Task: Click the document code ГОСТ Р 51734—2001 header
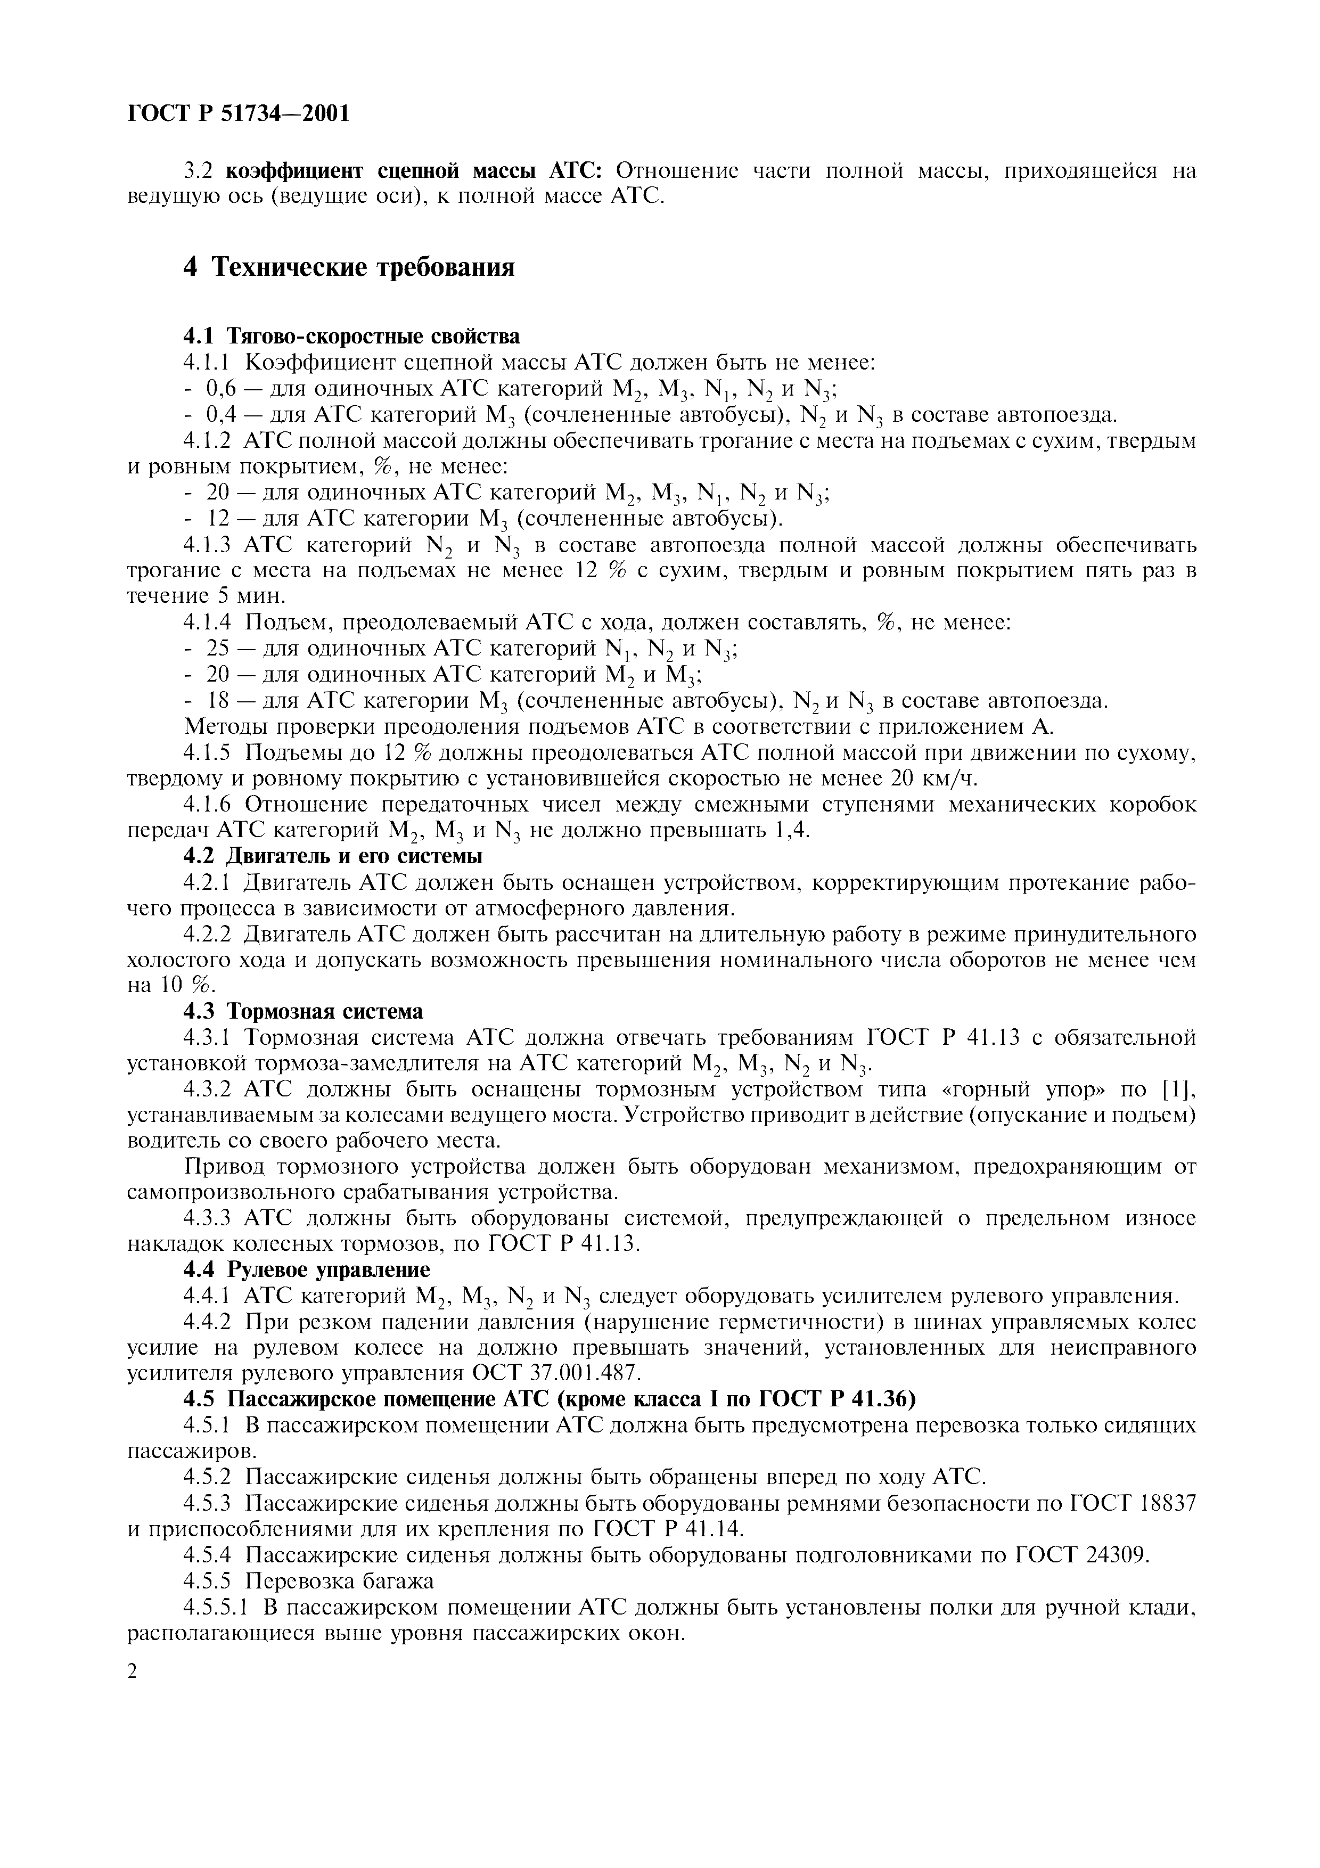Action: tap(239, 113)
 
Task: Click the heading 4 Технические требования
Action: tap(349, 266)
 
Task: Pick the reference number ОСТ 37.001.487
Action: tap(557, 1373)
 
